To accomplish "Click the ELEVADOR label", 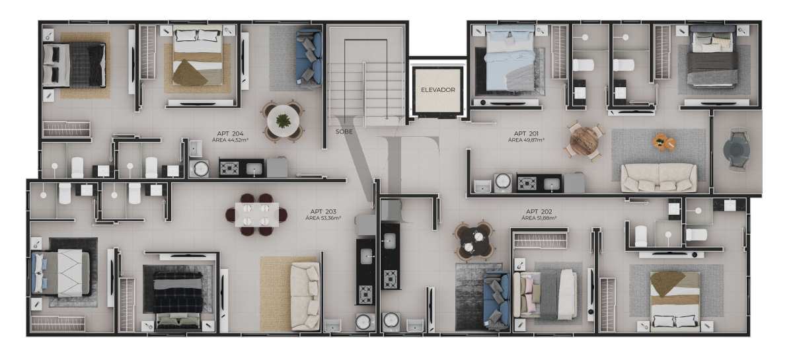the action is click(x=438, y=90).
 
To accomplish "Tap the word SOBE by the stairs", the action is click(x=344, y=131).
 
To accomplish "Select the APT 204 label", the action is click(x=230, y=133).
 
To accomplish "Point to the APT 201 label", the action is click(x=526, y=133).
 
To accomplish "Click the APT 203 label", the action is click(x=323, y=211).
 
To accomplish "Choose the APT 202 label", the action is click(x=539, y=211).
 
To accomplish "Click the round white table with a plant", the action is click(x=283, y=121).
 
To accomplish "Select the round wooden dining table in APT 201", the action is click(x=584, y=141).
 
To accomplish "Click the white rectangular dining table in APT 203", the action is click(x=257, y=215).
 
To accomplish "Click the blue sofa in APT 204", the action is click(x=309, y=57).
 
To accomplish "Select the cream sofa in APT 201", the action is click(x=658, y=178).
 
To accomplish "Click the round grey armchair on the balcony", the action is click(x=736, y=149).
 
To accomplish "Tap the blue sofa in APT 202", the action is click(x=497, y=299).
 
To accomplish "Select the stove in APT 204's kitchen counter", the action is click(x=229, y=168).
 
